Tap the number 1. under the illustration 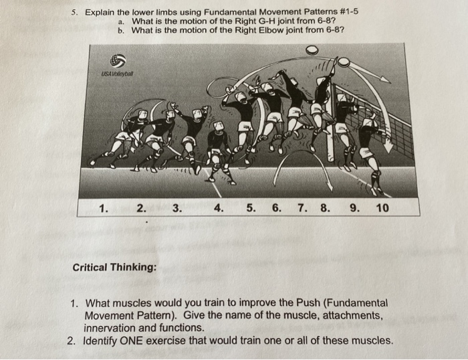104,208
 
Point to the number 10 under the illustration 382,208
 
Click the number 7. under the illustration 302,208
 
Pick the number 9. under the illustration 354,208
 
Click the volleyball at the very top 312,50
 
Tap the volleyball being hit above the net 343,62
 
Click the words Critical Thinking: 114,267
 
